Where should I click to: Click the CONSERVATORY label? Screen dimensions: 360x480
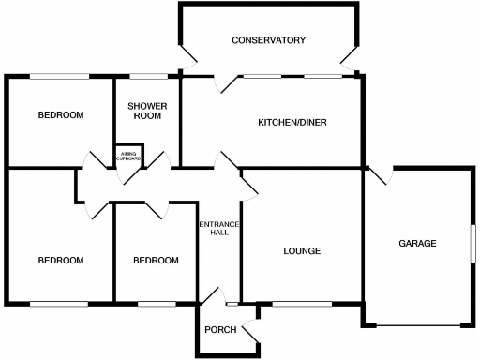(269, 40)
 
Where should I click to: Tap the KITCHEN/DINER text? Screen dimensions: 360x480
(292, 122)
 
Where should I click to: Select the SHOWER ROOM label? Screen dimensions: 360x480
(147, 112)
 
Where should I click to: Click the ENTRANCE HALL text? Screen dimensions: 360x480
(220, 229)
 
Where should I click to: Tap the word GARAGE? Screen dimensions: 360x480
(417, 243)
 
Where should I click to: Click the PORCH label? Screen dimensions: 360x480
(220, 329)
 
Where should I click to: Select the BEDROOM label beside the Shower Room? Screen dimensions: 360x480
(60, 115)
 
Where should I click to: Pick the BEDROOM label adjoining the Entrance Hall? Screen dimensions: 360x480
(155, 260)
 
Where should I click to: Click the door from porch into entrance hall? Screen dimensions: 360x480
(215, 296)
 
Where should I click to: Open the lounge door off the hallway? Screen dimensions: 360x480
(249, 184)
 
